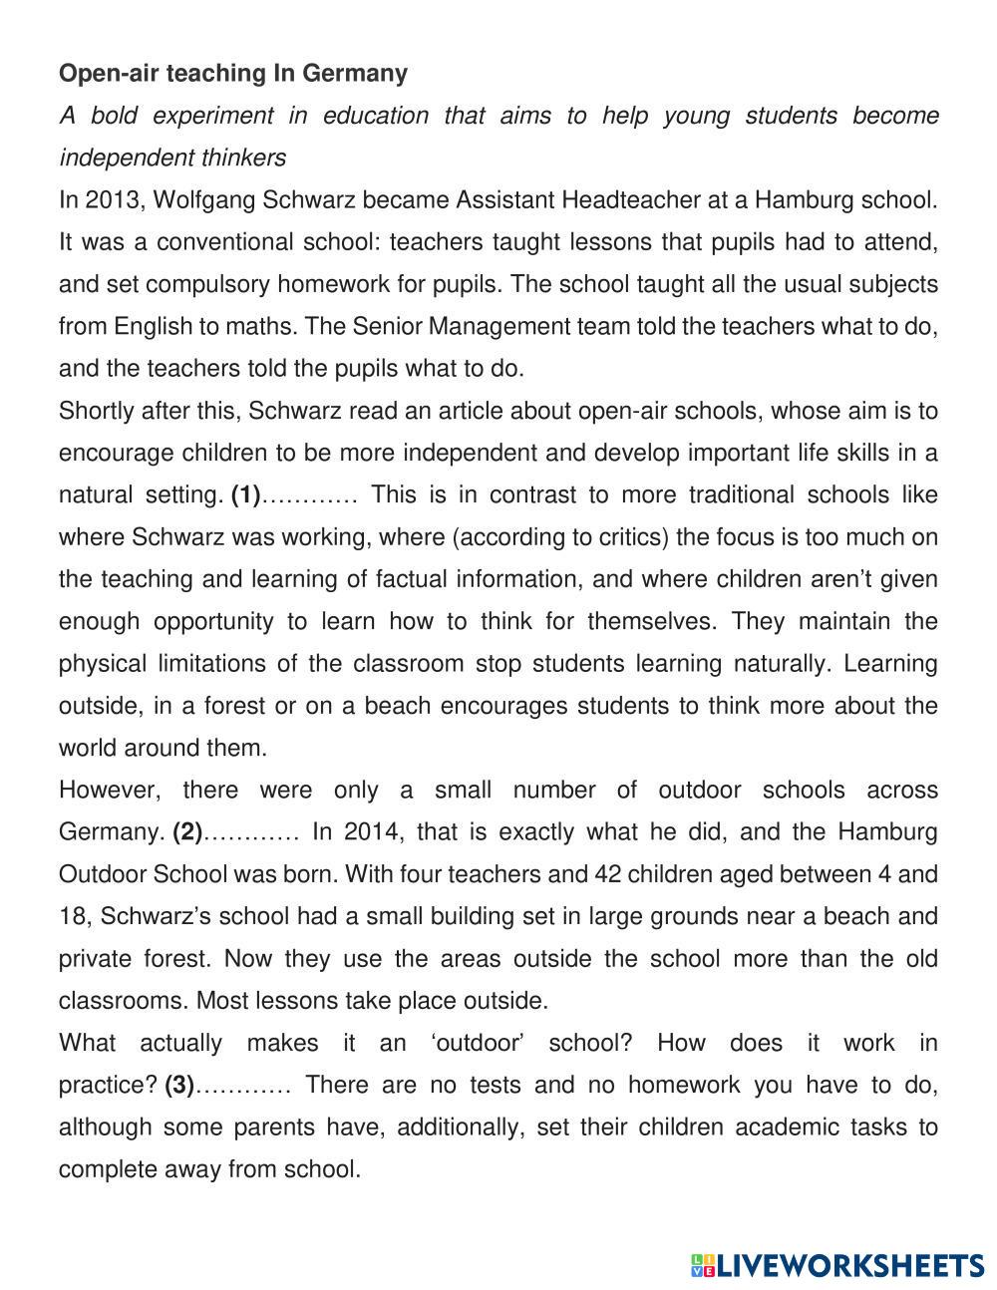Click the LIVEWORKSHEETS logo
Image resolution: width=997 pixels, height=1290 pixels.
pos(836,1266)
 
